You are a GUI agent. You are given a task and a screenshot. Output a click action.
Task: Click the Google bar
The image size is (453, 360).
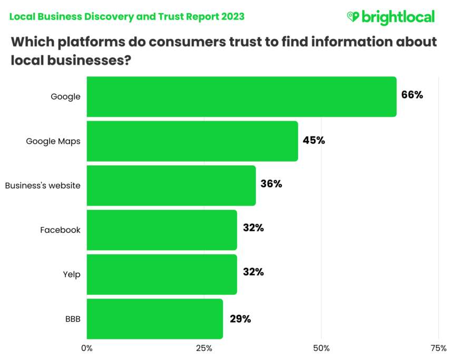point(241,96)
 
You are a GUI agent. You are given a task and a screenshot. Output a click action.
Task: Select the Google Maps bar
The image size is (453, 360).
point(192,141)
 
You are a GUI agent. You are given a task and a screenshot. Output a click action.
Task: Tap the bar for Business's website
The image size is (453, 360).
point(171,185)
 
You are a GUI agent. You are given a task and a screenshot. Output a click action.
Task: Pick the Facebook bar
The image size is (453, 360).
point(162,229)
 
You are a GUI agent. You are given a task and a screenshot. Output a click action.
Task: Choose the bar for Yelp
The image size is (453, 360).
point(162,274)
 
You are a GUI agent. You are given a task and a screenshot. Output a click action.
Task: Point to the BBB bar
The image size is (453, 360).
point(155,318)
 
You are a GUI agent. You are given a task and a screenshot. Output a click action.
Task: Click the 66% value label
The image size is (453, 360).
point(412,96)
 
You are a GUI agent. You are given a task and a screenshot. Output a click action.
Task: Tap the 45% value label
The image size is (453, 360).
point(314,141)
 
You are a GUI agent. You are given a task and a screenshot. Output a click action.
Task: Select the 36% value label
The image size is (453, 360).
point(271,184)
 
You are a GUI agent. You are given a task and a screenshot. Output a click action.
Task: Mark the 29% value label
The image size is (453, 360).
point(240,318)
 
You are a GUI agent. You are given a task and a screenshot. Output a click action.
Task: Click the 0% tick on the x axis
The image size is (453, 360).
point(86,348)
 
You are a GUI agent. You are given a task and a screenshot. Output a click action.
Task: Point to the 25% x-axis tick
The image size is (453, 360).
point(204,348)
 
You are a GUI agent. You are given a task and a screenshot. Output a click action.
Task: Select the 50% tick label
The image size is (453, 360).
point(321,348)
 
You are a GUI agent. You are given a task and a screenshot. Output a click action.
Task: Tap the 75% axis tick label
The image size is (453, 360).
point(438,348)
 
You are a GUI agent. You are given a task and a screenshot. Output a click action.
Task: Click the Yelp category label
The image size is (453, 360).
point(73,274)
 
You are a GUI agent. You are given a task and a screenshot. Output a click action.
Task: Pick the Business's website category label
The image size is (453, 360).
point(43,185)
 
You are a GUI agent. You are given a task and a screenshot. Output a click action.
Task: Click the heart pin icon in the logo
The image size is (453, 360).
point(352,17)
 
